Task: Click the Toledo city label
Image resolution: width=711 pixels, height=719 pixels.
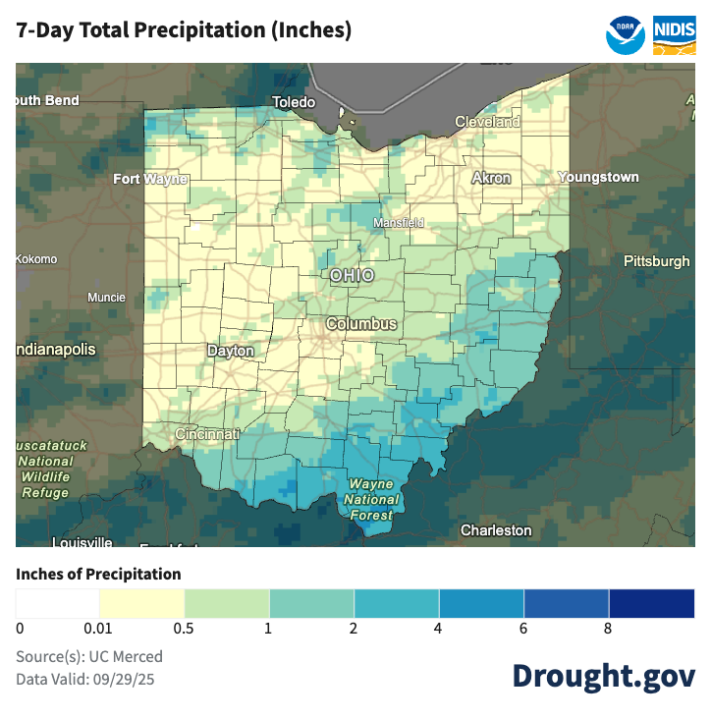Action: click(294, 102)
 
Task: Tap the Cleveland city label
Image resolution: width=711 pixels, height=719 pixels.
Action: click(487, 122)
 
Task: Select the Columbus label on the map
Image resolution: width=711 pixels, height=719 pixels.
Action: click(361, 324)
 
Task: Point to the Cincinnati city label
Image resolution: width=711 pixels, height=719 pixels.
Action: click(207, 434)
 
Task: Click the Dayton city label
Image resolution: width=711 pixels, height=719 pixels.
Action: click(231, 351)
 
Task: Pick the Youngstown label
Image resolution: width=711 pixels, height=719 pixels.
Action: click(598, 178)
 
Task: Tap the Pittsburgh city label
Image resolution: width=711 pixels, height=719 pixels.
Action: click(656, 261)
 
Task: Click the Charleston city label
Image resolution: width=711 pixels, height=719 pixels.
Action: click(496, 530)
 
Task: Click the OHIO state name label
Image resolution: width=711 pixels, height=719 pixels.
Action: click(352, 276)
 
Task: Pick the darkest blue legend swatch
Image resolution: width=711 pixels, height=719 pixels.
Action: click(651, 602)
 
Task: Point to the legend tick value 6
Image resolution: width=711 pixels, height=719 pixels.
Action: click(524, 629)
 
